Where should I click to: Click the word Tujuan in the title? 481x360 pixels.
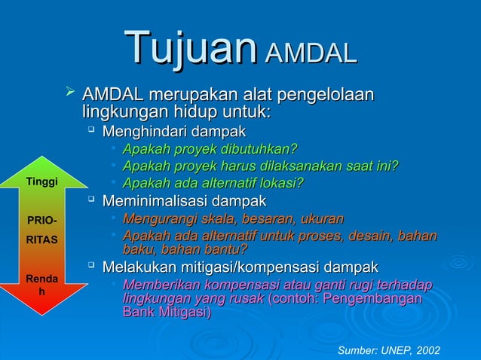(190, 47)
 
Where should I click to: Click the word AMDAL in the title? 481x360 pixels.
(309, 53)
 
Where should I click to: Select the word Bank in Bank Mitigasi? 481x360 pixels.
(137, 313)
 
